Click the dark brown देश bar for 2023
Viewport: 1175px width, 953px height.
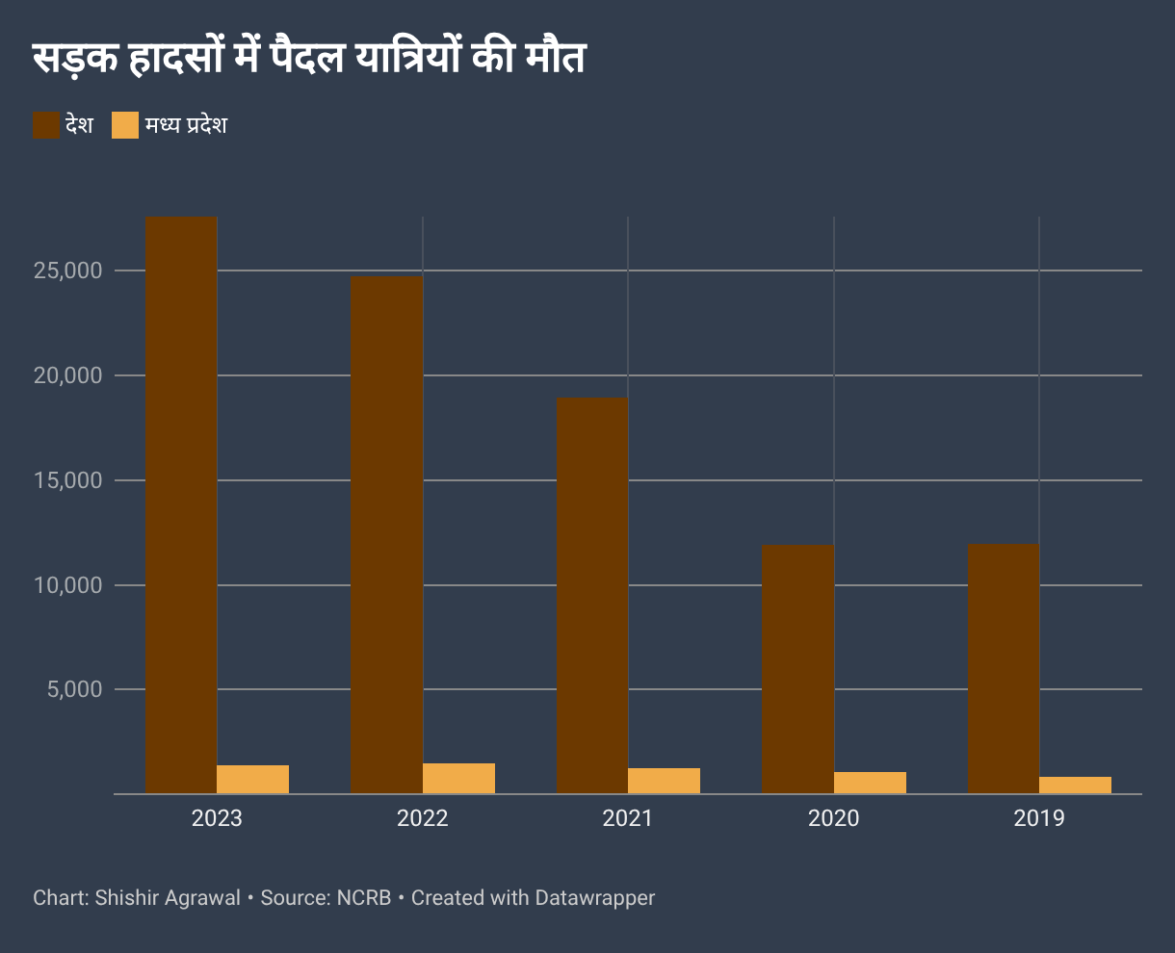click(x=181, y=505)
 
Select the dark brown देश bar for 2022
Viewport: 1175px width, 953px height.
click(x=386, y=535)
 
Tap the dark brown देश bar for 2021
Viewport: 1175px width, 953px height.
click(x=592, y=596)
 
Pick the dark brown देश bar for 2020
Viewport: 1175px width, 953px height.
click(x=797, y=669)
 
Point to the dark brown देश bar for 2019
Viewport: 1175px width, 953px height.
click(x=1003, y=669)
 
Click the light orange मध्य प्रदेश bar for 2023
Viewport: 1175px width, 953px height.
click(x=253, y=780)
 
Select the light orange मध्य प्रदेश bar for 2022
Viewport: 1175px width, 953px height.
click(x=459, y=779)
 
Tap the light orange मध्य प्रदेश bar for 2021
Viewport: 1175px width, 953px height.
click(x=665, y=781)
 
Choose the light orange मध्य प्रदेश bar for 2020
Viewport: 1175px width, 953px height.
click(x=870, y=783)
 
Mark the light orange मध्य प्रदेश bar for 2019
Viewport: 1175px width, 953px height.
click(x=1076, y=786)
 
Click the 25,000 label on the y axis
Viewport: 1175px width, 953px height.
click(x=67, y=270)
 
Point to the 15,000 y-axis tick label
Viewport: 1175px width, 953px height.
click(x=67, y=480)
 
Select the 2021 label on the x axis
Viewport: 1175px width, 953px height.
click(x=628, y=819)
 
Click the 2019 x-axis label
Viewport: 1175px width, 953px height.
click(x=1039, y=819)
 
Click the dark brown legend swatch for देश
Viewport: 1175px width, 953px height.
click(x=46, y=125)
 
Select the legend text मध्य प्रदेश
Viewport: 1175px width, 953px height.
click(x=186, y=125)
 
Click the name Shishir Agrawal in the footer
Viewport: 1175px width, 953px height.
click(x=168, y=898)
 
